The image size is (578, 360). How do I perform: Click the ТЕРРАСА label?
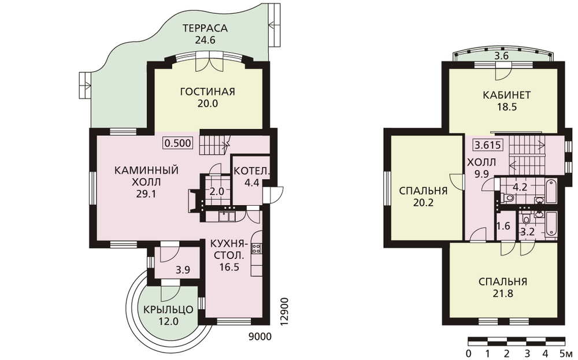[205, 28]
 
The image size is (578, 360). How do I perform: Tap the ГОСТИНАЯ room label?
[208, 91]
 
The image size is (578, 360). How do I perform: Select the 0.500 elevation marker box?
[178, 143]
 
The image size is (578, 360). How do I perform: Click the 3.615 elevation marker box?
[488, 145]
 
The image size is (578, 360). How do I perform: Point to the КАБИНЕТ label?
[507, 95]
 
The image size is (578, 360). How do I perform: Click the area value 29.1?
[146, 194]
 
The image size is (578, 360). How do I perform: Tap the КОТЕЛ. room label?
[252, 171]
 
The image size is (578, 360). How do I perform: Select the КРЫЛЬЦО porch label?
[168, 310]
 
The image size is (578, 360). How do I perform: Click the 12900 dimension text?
[284, 311]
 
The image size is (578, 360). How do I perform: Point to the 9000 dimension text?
[260, 336]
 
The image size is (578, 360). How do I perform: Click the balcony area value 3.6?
[501, 57]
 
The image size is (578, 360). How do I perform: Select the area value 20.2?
[423, 203]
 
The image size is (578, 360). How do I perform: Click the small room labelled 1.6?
[503, 226]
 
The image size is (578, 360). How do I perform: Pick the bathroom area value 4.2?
[520, 187]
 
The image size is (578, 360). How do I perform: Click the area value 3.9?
[183, 270]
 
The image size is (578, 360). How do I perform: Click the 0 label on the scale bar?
[468, 354]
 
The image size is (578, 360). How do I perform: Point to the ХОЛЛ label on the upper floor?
[481, 162]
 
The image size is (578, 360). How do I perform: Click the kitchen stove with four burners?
[256, 248]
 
